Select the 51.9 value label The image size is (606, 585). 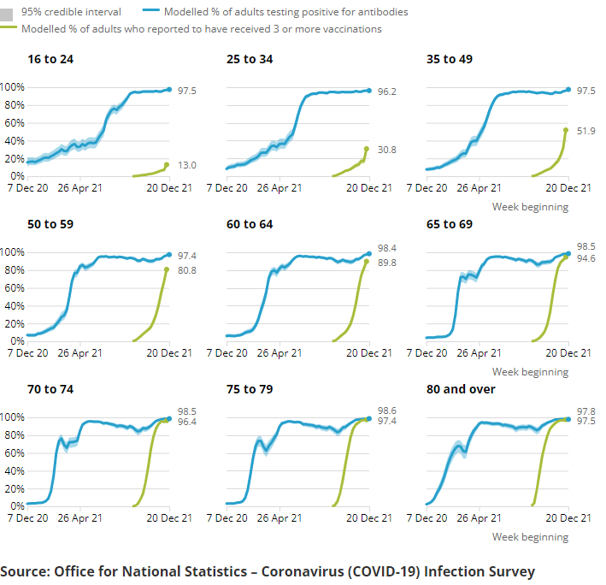pos(587,131)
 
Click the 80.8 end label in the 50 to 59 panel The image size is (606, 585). pos(188,270)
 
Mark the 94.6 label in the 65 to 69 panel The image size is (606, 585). pos(587,257)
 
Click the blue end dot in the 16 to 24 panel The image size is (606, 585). pos(168,90)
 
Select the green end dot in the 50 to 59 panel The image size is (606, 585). pos(168,269)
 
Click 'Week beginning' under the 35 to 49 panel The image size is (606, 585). pos(530,207)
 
